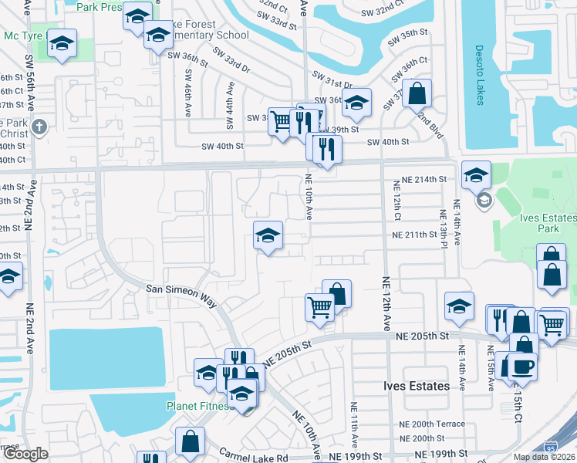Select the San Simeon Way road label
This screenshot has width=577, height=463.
click(x=181, y=293)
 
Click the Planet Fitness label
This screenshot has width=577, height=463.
click(x=196, y=407)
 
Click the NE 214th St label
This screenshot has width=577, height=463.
click(x=420, y=179)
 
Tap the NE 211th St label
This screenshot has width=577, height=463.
click(x=415, y=235)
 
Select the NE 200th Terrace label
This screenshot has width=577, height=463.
click(x=431, y=425)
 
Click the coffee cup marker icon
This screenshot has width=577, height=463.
click(x=522, y=366)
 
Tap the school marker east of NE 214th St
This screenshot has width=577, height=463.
click(x=476, y=176)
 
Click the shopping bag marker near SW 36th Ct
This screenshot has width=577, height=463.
click(x=417, y=94)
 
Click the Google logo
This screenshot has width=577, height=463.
click(x=25, y=453)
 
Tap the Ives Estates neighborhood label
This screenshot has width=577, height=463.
click(x=417, y=386)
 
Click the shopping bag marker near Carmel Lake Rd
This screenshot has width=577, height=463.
click(x=190, y=442)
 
